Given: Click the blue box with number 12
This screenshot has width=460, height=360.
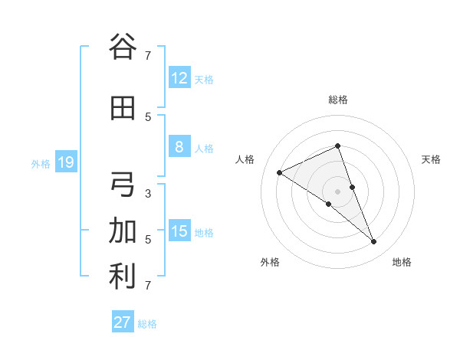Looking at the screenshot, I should tap(179, 78).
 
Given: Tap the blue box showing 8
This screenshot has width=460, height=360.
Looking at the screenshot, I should tap(179, 147).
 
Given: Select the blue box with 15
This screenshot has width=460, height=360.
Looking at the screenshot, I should tap(179, 231).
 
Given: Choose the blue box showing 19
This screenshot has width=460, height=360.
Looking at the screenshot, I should tap(65, 162).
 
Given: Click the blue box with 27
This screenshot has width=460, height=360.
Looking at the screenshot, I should tap(122, 322).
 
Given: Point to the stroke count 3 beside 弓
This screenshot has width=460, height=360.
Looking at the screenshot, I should tap(148, 193).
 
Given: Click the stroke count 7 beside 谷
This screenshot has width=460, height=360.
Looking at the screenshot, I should tap(148, 55).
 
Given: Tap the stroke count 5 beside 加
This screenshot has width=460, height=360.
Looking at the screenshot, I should tap(148, 239).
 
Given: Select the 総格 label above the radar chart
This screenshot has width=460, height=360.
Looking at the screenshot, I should tap(338, 100).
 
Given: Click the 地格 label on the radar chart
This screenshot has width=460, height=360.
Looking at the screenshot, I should tap(402, 262).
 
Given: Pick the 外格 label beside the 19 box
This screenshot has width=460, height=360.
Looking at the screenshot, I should tap(40, 163).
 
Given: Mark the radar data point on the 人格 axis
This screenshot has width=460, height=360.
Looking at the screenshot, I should tap(280, 173).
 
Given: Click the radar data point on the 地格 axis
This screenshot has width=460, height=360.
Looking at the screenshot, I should tap(374, 242).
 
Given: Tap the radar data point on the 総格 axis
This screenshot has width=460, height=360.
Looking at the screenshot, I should tap(338, 146).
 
